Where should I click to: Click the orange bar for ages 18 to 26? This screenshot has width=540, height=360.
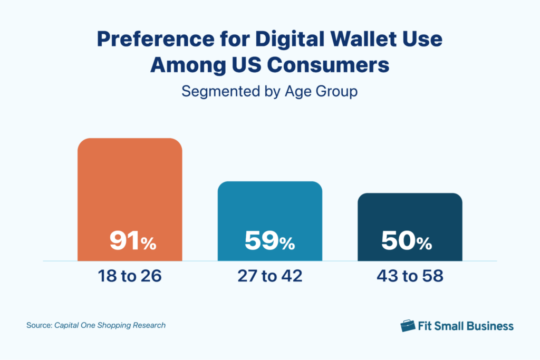coord(130,190)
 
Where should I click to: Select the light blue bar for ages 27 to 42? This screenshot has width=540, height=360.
coord(270,211)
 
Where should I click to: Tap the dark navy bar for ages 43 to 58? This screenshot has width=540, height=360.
coord(410,216)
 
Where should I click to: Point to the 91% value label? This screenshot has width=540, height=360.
coord(132,241)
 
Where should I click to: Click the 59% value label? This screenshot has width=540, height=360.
coord(269,241)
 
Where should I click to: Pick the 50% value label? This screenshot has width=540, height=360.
coord(406,241)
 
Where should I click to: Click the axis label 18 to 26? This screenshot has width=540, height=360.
coord(129,276)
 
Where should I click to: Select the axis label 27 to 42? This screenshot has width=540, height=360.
coord(269,276)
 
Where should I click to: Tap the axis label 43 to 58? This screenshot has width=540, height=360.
coord(410,276)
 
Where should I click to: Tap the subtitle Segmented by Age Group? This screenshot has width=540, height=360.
coord(269,91)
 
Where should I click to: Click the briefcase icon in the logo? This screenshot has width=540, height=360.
coord(408,325)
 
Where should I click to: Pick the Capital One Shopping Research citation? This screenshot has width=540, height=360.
coord(110,325)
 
